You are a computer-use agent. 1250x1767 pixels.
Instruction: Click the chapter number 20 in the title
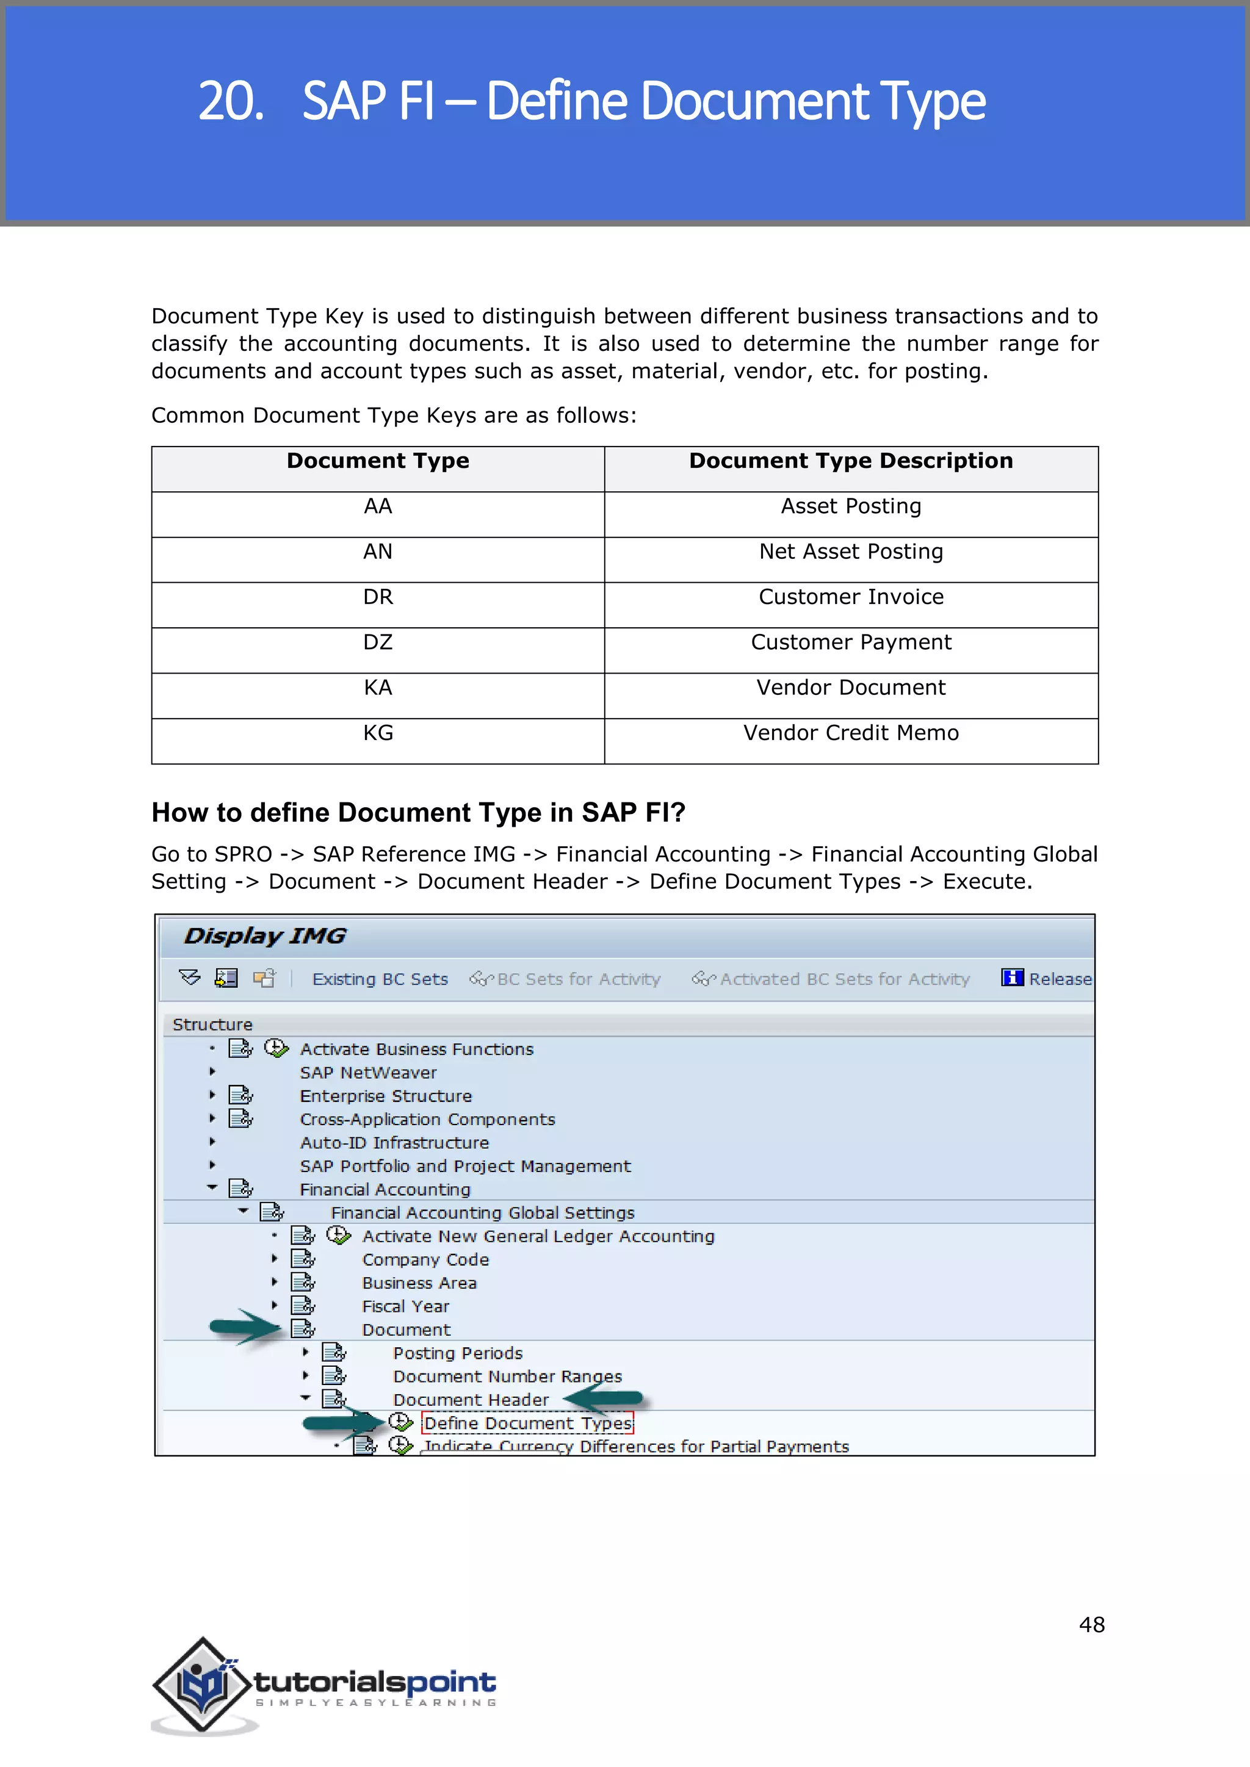(229, 101)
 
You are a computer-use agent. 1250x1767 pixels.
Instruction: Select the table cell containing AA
(377, 506)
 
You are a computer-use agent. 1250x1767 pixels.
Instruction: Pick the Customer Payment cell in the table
(850, 642)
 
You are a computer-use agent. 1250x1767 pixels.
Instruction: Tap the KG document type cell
(377, 733)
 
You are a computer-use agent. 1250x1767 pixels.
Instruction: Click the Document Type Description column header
(850, 461)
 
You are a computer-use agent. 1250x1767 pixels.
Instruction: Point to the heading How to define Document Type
(418, 813)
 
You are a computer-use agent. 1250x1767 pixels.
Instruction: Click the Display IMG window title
(265, 936)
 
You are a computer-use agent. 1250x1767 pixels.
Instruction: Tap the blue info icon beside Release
(1011, 977)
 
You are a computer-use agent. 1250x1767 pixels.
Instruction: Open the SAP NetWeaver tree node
(368, 1073)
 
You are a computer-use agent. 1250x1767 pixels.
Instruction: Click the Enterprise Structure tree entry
(386, 1096)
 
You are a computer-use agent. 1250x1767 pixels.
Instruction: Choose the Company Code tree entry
(425, 1260)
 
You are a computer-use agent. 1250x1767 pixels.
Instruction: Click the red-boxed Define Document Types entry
(528, 1423)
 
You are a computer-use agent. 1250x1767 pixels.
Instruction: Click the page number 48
(1091, 1625)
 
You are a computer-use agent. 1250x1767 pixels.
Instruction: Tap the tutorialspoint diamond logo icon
(201, 1685)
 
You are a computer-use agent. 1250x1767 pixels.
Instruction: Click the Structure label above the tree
(212, 1025)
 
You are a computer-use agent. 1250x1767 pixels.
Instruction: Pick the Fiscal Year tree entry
(406, 1307)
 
